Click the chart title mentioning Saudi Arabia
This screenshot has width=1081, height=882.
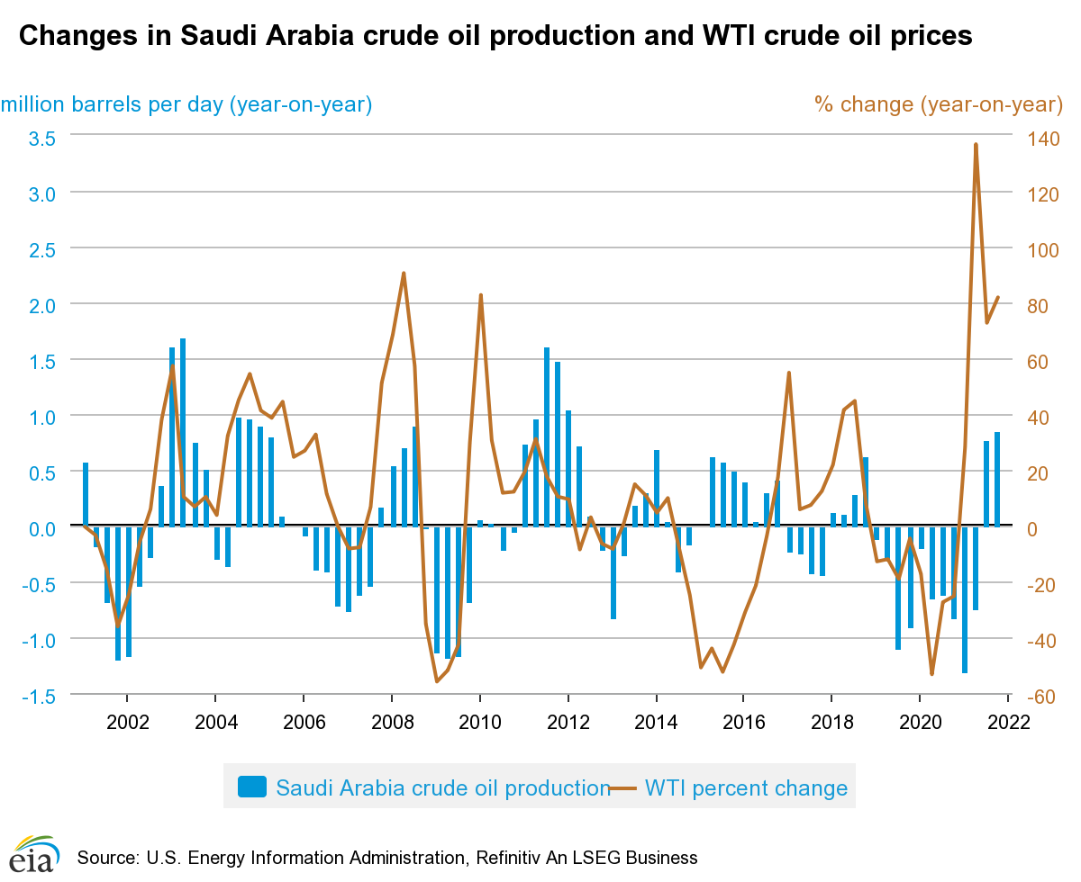coord(495,36)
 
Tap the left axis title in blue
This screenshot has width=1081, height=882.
coord(186,104)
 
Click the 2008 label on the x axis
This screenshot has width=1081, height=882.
coord(392,724)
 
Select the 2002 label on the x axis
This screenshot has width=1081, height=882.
coord(127,724)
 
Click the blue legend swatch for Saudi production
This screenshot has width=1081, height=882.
coord(252,787)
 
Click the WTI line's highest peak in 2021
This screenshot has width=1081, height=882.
coord(976,144)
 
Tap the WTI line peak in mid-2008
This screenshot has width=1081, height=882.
coord(404,273)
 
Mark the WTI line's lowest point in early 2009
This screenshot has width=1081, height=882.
coord(436,681)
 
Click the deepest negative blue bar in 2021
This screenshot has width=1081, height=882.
coord(965,599)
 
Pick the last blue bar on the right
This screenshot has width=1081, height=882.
coord(997,480)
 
